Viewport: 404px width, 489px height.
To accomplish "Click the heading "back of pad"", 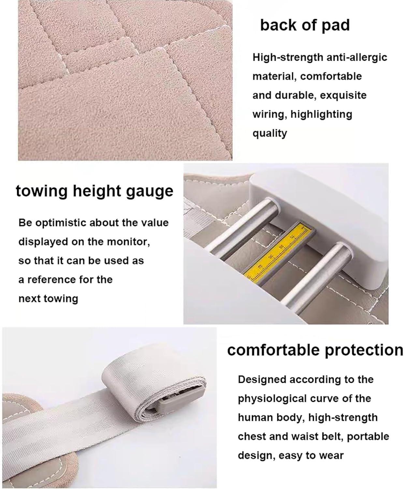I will [x=305, y=25].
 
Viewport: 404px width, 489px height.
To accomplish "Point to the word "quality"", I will [x=270, y=133].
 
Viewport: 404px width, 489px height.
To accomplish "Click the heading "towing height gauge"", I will [x=94, y=191].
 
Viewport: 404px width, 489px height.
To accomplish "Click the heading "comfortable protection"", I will [x=315, y=350].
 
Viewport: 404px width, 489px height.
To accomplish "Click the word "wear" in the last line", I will [x=331, y=455].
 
